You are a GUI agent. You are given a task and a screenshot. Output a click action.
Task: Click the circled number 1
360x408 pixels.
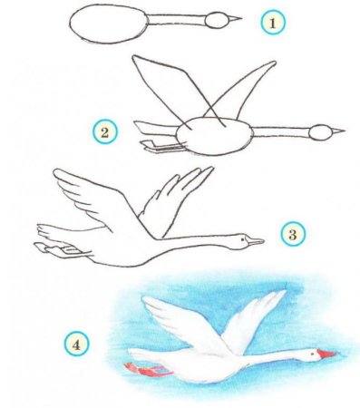[273, 23]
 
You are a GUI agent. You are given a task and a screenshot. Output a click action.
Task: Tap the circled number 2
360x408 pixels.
[104, 131]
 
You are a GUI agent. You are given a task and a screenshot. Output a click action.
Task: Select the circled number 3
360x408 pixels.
[293, 234]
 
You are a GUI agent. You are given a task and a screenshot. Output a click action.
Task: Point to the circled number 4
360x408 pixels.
[76, 344]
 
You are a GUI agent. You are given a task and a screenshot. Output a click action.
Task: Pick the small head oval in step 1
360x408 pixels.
[217, 20]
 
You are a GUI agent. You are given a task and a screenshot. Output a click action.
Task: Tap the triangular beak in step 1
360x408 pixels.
[235, 19]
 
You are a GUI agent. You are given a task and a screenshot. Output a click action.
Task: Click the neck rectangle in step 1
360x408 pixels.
[176, 20]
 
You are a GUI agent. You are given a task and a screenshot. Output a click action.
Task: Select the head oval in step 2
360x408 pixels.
[320, 132]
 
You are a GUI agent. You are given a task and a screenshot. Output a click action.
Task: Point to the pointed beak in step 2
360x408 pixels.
[338, 131]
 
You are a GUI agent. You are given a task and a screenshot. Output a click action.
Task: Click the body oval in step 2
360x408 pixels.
[214, 137]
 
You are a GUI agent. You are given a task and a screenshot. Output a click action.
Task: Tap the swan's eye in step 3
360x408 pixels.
[243, 238]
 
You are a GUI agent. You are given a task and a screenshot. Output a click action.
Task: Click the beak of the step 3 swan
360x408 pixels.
[255, 241]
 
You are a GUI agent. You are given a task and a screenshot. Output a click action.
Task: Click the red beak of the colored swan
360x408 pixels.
[326, 354]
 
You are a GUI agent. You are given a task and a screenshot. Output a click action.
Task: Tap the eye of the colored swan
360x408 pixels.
[311, 354]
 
